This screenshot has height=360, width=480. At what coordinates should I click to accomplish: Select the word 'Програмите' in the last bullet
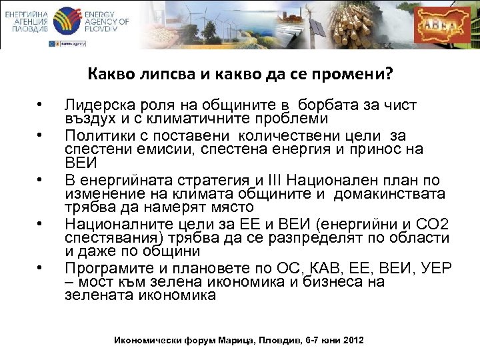point(101,268)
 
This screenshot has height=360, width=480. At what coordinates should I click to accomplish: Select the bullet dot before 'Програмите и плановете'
point(41,269)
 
